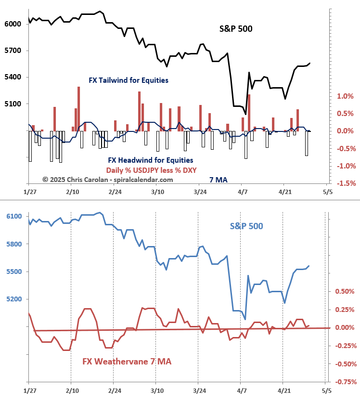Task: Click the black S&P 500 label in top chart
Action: pyautogui.click(x=236, y=28)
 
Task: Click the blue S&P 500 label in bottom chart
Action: pyautogui.click(x=246, y=225)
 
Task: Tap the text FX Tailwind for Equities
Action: pyautogui.click(x=129, y=80)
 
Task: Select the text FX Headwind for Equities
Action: pyautogui.click(x=150, y=160)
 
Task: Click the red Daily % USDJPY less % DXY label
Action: pyautogui.click(x=152, y=170)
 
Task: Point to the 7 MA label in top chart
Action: pyautogui.click(x=219, y=180)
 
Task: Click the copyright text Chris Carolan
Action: pyautogui.click(x=107, y=180)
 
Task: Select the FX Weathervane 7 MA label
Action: pyautogui.click(x=127, y=361)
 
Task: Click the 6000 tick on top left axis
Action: pyautogui.click(x=12, y=24)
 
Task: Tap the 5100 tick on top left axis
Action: pyautogui.click(x=12, y=104)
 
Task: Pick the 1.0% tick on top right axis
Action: pyautogui.click(x=345, y=96)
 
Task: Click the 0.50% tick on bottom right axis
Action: pyautogui.click(x=345, y=291)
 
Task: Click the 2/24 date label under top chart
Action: pyautogui.click(x=115, y=192)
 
